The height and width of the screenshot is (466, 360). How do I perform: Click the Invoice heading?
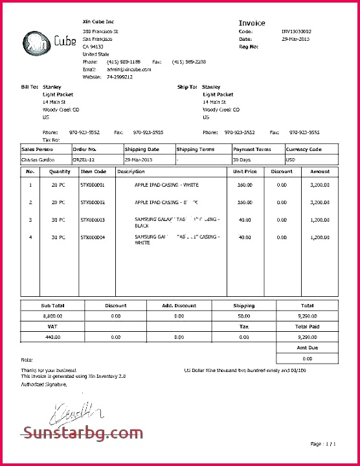coord(252,23)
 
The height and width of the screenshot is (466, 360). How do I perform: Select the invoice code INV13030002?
coord(296,31)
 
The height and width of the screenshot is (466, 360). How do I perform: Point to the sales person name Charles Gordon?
coord(38,159)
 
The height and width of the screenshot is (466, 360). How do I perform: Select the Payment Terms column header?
coord(252,149)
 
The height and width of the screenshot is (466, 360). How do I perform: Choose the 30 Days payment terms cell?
coord(243,159)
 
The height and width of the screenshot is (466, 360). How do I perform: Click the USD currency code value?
coord(291,159)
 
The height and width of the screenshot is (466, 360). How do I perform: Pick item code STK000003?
coord(93,220)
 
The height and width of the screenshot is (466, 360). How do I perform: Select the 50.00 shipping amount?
coord(243,316)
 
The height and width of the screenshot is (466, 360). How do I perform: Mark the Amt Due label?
coord(308,348)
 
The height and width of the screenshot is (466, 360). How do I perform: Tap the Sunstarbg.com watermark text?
coord(82,432)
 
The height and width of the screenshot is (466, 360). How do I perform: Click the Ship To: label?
coord(187,86)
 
